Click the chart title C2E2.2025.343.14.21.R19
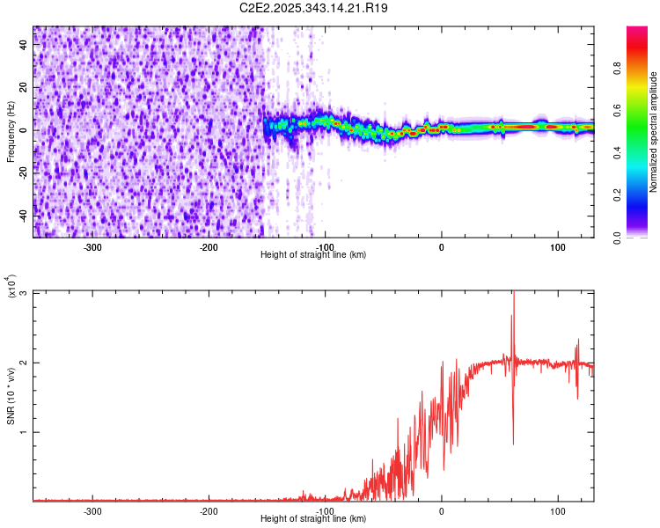coord(314,8)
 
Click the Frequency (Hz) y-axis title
coord(11,132)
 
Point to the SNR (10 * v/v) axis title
coord(11,396)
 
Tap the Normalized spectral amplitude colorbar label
coord(653,132)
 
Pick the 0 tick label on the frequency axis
coord(23,130)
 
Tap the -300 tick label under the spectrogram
coord(93,247)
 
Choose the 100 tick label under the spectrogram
coord(557,247)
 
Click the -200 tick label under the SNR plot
coord(209,510)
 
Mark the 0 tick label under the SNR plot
coord(442,510)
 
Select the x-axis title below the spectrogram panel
coord(313,255)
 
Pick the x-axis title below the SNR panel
coord(313,519)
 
